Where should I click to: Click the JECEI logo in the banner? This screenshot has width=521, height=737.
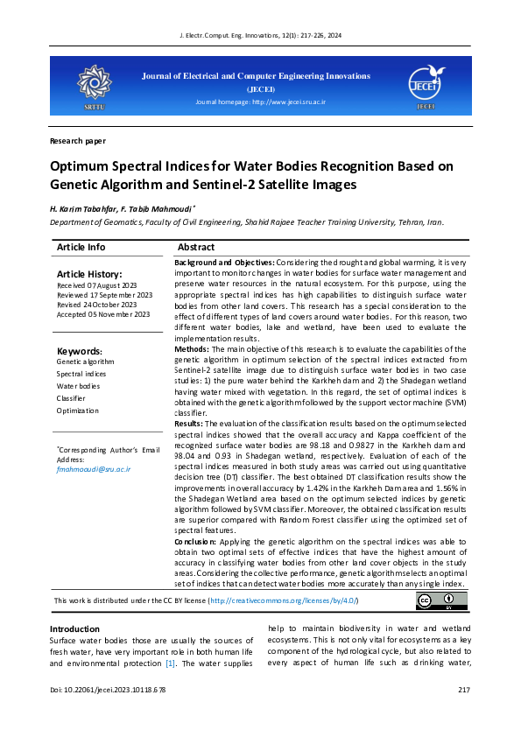[426, 82]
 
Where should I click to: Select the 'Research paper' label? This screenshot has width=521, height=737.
[78, 141]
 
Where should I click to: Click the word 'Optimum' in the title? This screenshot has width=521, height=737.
[81, 166]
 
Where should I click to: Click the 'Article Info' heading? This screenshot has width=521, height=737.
[81, 248]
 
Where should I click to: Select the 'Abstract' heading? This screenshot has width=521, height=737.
[196, 248]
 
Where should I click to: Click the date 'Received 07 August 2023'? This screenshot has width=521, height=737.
[96, 285]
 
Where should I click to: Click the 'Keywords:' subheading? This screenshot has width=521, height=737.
[80, 351]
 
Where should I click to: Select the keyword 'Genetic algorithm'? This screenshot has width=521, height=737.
[85, 361]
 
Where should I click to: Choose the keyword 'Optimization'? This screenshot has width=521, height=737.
[77, 411]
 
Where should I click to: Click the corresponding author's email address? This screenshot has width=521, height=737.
[93, 469]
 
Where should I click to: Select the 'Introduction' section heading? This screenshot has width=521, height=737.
[74, 629]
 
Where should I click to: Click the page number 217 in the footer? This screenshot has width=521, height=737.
[464, 691]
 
